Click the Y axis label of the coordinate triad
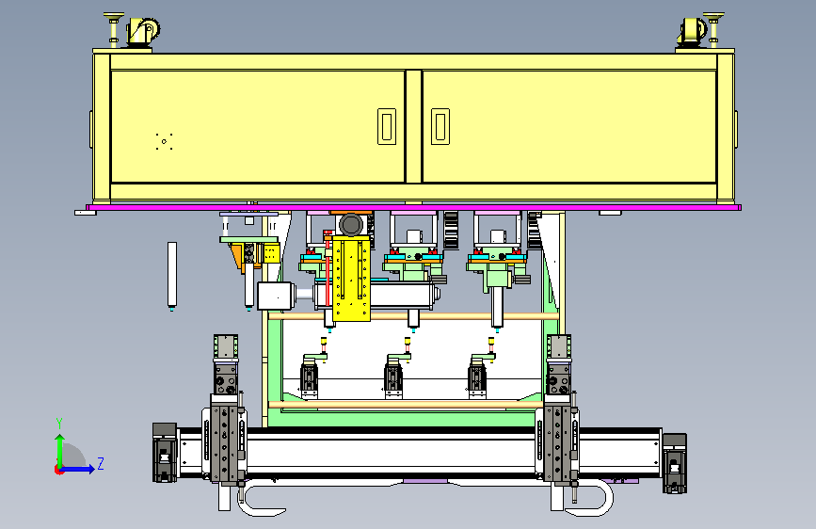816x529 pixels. click(59, 423)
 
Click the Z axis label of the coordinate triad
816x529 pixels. click(101, 463)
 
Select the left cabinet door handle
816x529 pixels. click(387, 126)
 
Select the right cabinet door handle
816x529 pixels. click(440, 126)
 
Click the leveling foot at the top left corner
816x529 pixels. click(114, 29)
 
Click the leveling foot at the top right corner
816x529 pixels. click(713, 29)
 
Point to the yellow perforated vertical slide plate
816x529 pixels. click(351, 278)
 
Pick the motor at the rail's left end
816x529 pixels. click(165, 453)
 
